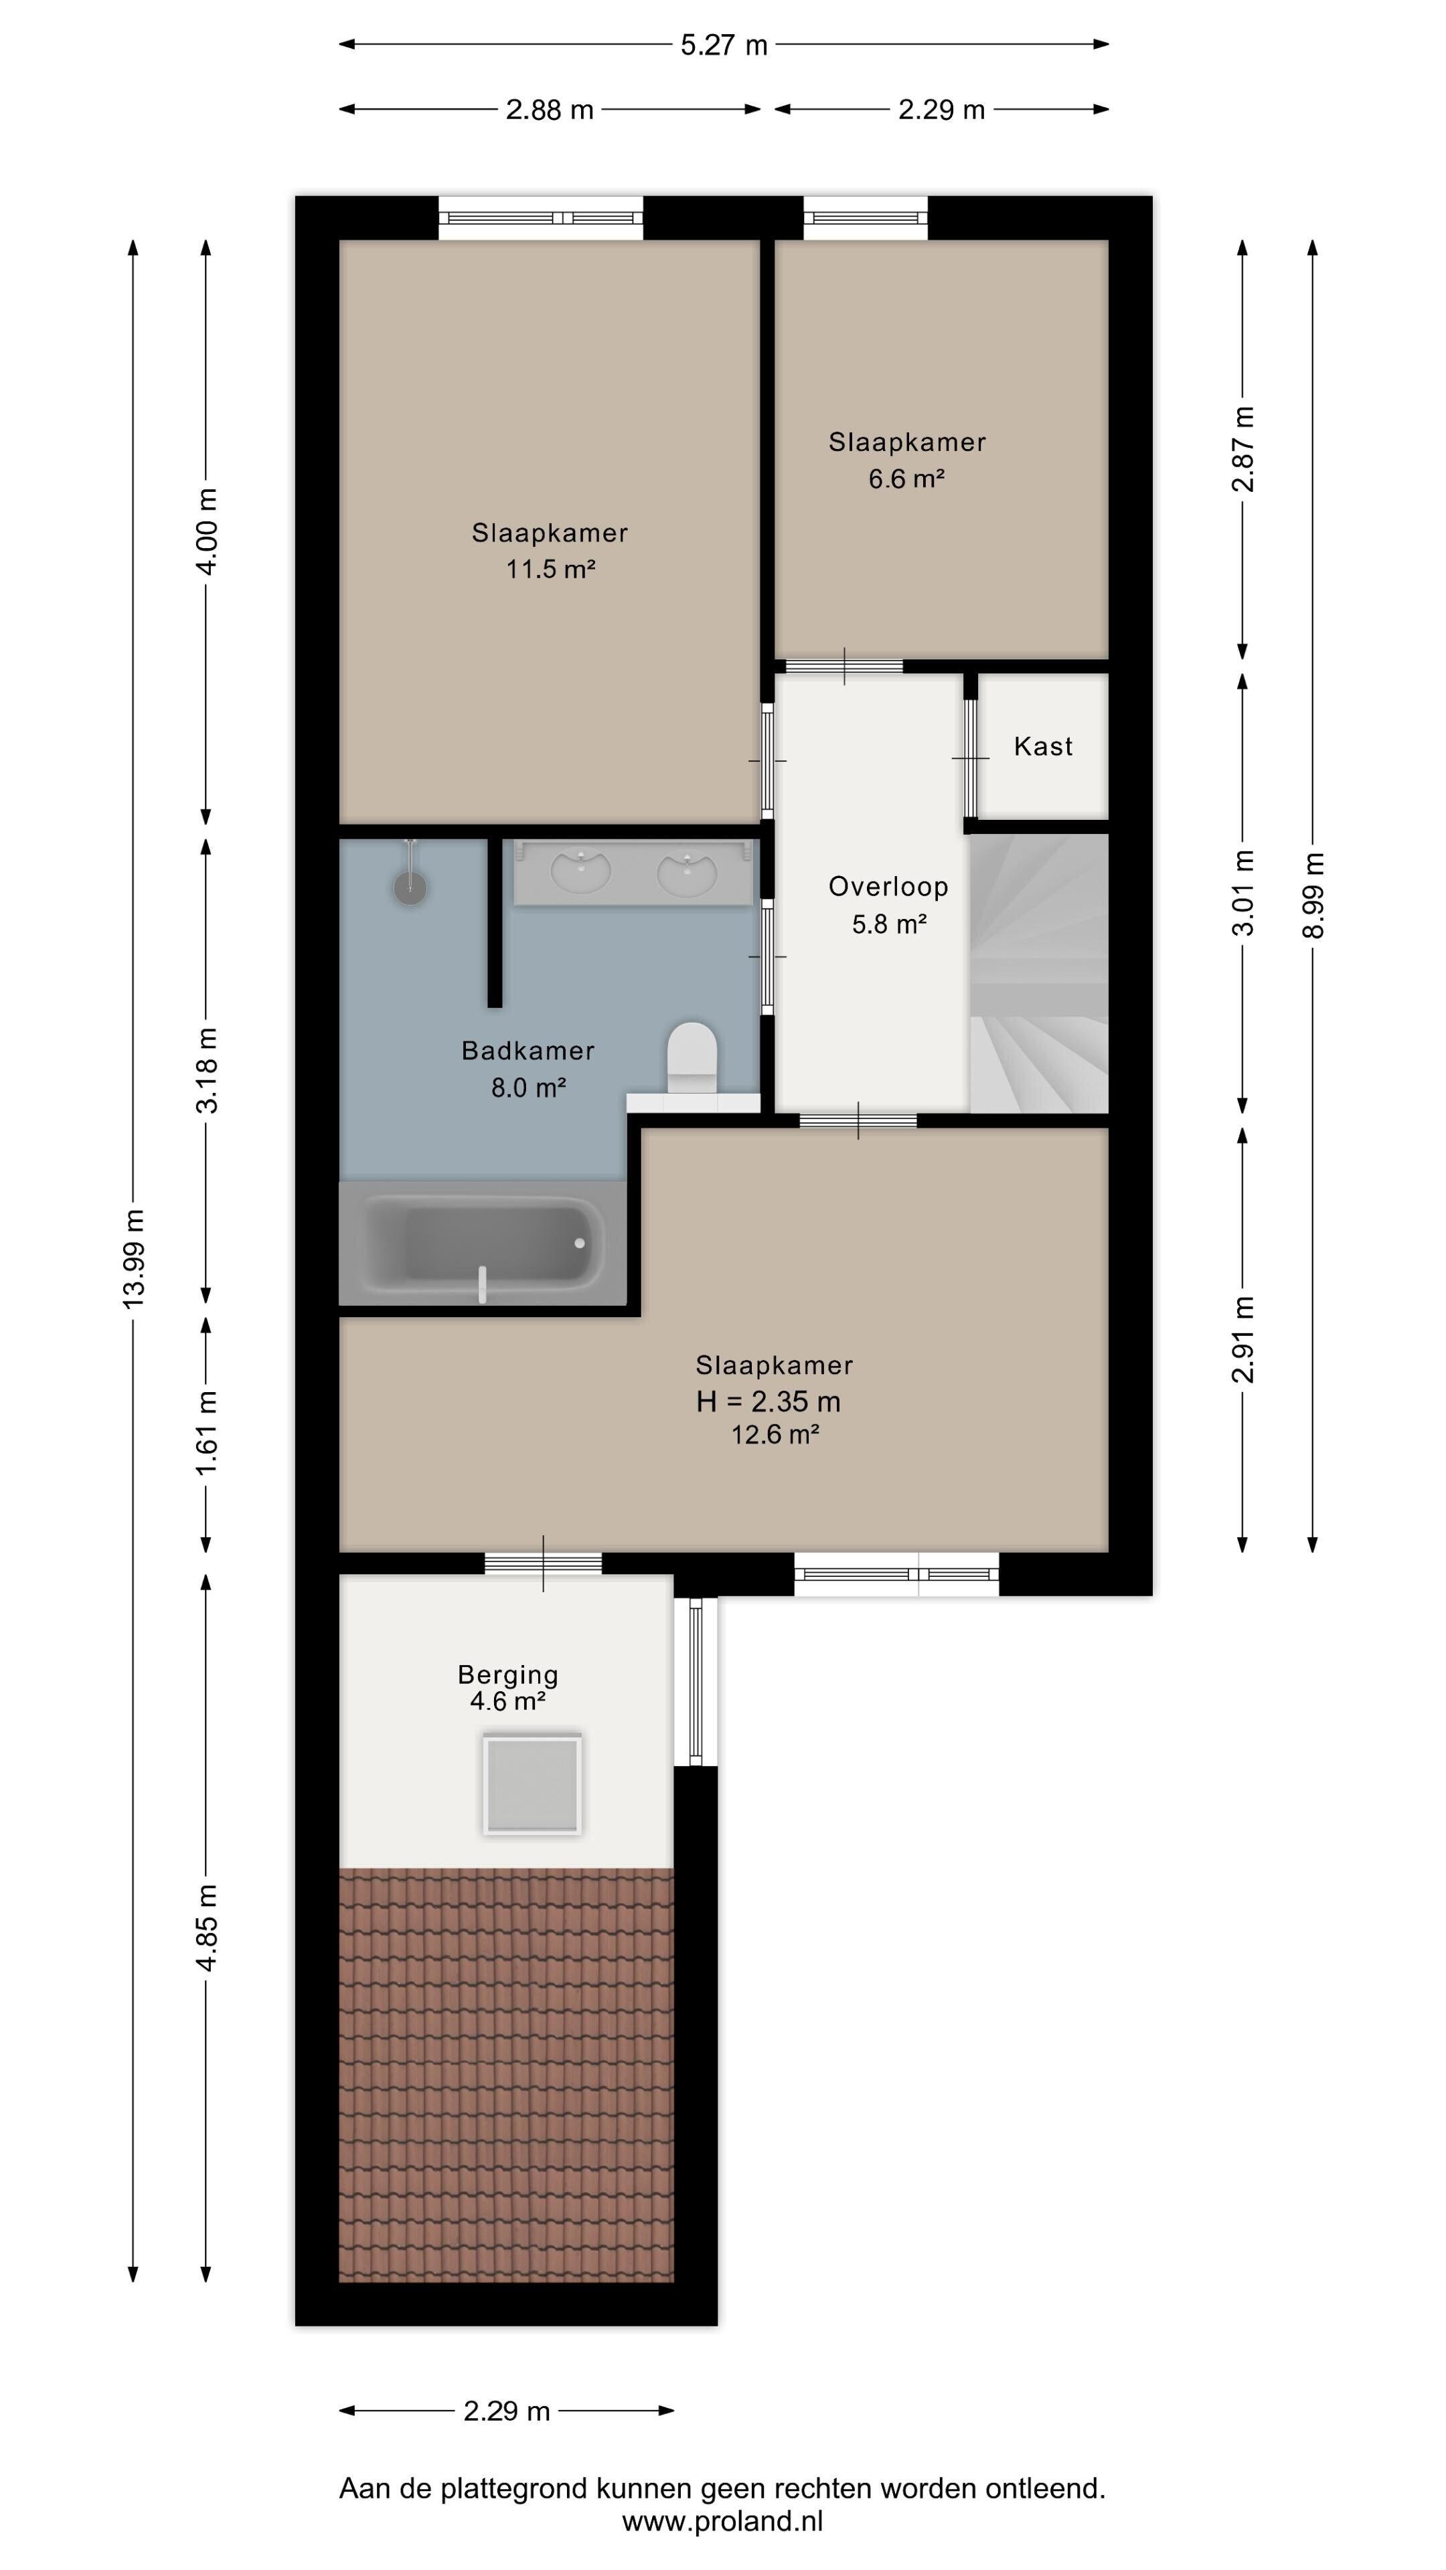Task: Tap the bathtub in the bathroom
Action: pyautogui.click(x=482, y=1243)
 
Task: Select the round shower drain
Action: pyautogui.click(x=410, y=888)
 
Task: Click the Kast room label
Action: pyautogui.click(x=1043, y=746)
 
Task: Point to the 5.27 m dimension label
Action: pyautogui.click(x=724, y=45)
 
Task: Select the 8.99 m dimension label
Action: pyautogui.click(x=1313, y=895)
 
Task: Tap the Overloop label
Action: pyautogui.click(x=888, y=886)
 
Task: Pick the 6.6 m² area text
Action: pyautogui.click(x=906, y=479)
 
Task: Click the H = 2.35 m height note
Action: pyautogui.click(x=769, y=1401)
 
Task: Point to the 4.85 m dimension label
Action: pyautogui.click(x=207, y=1927)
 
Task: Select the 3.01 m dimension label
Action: pyautogui.click(x=1243, y=892)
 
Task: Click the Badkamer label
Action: pyautogui.click(x=528, y=1051)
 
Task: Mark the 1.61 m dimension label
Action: pyautogui.click(x=207, y=1433)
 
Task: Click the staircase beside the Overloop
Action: pyautogui.click(x=1039, y=972)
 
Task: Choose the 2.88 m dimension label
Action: pyautogui.click(x=550, y=110)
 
